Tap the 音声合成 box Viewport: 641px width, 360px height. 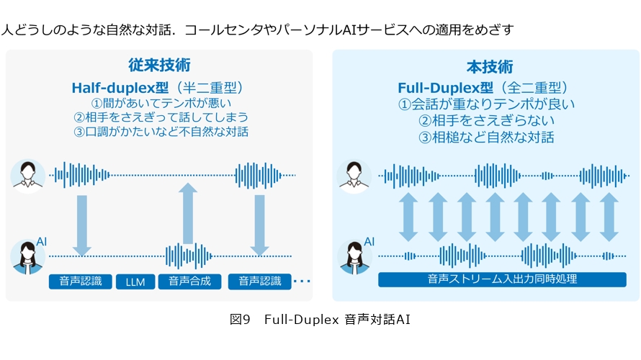tap(189, 281)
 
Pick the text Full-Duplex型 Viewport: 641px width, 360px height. tap(445, 88)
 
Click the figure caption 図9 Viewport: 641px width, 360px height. tap(239, 319)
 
